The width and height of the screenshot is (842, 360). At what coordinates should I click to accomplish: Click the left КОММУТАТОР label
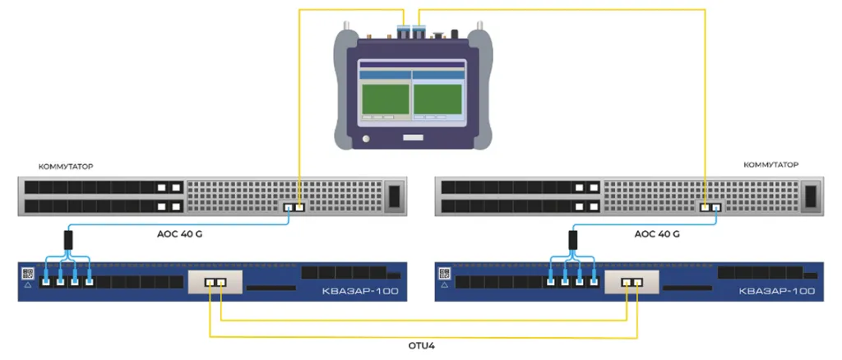click(65, 166)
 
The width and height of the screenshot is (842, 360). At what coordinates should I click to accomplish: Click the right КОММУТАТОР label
click(770, 166)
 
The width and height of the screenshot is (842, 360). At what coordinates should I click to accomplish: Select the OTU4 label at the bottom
click(421, 345)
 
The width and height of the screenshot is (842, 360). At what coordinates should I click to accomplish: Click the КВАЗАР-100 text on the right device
click(777, 291)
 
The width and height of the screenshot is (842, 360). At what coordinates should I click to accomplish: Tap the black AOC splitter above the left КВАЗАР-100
click(68, 241)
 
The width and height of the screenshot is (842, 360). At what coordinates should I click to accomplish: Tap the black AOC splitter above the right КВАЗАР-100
click(571, 241)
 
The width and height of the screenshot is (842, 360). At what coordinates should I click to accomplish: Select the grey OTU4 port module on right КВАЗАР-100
click(631, 284)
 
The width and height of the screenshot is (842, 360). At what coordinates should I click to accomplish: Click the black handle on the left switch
click(395, 197)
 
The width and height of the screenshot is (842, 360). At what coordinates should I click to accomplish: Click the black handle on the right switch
click(812, 197)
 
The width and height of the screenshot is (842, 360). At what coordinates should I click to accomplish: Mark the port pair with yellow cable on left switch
click(294, 207)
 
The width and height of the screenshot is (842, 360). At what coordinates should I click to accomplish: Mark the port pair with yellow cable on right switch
click(710, 207)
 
